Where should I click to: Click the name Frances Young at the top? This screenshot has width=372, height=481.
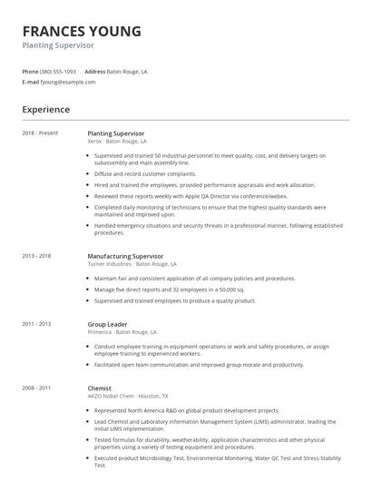[x=82, y=31]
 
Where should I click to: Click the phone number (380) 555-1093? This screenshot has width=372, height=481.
[x=58, y=71]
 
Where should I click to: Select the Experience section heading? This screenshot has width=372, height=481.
[x=46, y=109]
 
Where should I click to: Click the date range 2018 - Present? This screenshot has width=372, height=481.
[x=40, y=133]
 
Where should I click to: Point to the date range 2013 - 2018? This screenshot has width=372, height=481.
[x=36, y=257]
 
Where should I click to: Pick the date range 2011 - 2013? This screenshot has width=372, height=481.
[x=36, y=323]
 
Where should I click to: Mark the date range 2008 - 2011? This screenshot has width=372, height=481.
[x=36, y=388]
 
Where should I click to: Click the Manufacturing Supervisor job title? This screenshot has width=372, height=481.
[x=125, y=256]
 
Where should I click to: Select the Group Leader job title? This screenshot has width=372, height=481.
[x=108, y=323]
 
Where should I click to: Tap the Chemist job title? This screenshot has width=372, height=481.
[x=100, y=388]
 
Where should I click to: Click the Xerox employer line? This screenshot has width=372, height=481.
[x=116, y=142]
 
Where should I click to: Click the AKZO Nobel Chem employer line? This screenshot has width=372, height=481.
[x=127, y=397]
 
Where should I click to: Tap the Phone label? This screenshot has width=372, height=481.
[x=30, y=71]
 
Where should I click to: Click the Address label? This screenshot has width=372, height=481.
[x=94, y=71]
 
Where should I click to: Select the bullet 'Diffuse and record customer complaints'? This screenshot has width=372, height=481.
[x=145, y=173]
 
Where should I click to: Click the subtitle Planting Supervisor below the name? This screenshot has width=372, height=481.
[x=58, y=45]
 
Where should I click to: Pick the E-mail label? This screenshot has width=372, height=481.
[x=30, y=82]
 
